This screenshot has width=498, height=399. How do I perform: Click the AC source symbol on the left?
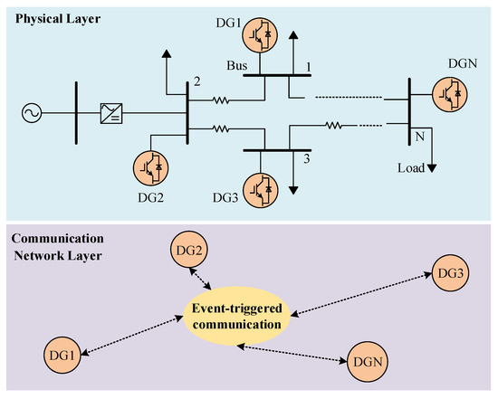point(30,113)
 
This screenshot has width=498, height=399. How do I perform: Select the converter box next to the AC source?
point(113,113)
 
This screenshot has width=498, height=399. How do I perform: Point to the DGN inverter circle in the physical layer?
point(451,90)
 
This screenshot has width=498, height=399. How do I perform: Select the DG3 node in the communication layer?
point(449,273)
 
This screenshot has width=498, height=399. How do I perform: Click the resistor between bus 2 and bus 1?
point(220,100)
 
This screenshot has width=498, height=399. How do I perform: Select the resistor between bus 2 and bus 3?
point(220,128)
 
